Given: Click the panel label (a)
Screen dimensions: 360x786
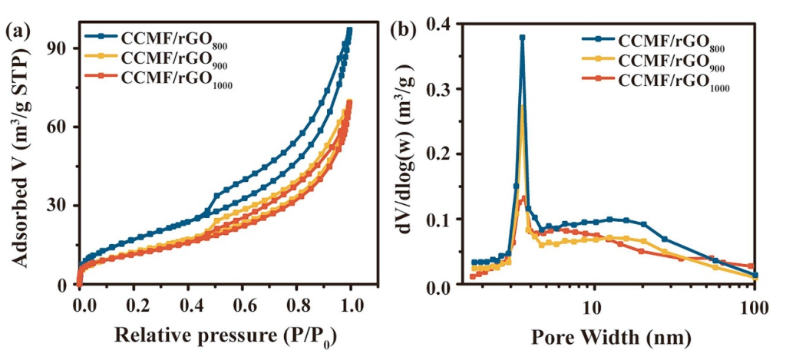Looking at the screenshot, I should (x=18, y=31).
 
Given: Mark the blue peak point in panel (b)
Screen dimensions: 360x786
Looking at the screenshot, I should (x=522, y=37).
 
